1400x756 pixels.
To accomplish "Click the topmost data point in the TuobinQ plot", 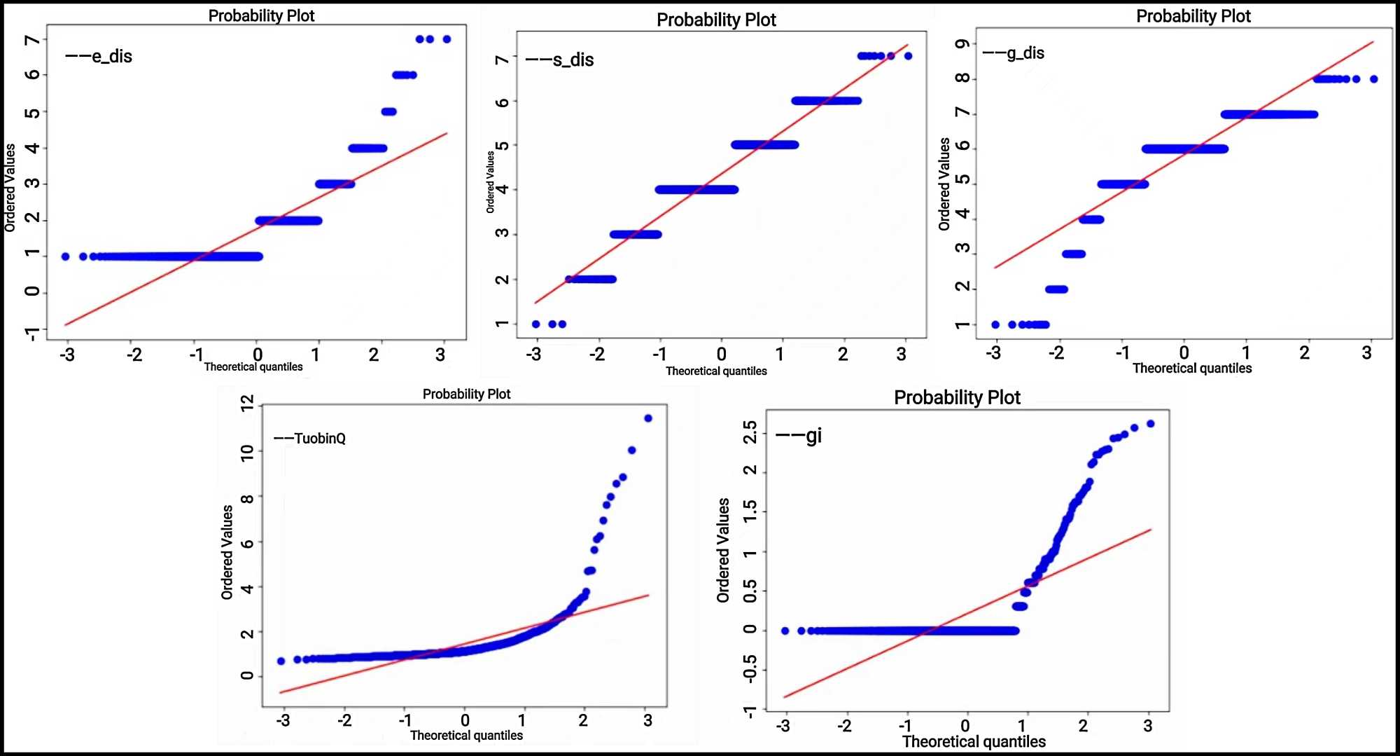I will tap(648, 418).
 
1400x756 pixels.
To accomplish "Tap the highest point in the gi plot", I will tap(1150, 424).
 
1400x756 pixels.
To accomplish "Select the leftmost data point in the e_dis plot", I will tap(65, 256).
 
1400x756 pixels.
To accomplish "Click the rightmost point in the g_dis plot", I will tap(1373, 79).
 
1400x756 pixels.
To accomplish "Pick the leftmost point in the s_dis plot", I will tap(535, 324).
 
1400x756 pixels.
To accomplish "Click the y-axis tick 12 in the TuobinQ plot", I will tap(247, 403).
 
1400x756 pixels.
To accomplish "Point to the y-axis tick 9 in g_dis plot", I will tap(963, 43).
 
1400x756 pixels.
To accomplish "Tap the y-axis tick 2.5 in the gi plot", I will tap(750, 432).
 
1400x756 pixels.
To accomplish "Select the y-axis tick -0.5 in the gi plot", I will tap(750, 668).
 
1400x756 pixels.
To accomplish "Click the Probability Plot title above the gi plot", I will tap(957, 397).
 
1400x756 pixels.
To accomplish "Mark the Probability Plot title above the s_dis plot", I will tap(716, 20).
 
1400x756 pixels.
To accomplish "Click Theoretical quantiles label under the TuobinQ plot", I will tap(466, 735).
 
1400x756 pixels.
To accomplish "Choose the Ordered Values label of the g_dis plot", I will tap(944, 184).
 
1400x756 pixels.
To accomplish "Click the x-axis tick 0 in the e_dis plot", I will tap(258, 355).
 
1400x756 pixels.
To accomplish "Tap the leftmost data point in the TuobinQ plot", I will tap(281, 661).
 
